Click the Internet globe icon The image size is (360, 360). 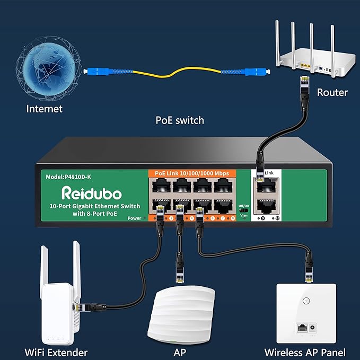coord(45,64)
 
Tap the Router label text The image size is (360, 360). coord(332,92)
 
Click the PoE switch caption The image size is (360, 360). coord(179,120)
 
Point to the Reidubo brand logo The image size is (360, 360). coord(92,192)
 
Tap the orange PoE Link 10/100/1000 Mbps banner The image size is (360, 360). coord(192,173)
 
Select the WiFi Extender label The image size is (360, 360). coord(56,352)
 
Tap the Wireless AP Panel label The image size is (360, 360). coord(305,352)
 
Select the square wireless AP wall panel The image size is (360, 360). coord(305,313)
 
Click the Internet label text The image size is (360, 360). coord(45,109)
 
